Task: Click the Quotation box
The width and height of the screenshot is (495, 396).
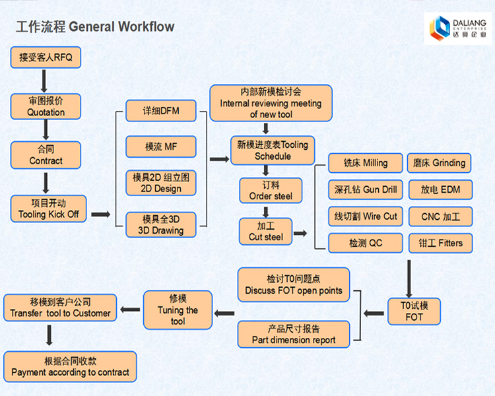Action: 46,106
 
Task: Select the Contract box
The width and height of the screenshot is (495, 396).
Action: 46,155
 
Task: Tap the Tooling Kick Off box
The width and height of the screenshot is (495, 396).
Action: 48,208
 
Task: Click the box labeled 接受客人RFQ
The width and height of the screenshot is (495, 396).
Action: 46,57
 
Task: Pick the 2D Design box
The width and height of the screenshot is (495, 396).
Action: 161,183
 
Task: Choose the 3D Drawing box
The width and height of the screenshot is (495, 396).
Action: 161,224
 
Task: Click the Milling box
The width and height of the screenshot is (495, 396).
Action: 366,163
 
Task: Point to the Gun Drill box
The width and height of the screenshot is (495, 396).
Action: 366,190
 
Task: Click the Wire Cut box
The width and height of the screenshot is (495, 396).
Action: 366,216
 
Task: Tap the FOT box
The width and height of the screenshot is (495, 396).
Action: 414,312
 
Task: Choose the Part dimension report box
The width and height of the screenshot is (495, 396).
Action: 294,334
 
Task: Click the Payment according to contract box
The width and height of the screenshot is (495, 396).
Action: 70,367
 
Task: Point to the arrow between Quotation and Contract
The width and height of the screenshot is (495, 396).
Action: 46,131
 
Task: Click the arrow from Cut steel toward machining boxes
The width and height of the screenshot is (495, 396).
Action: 300,233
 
